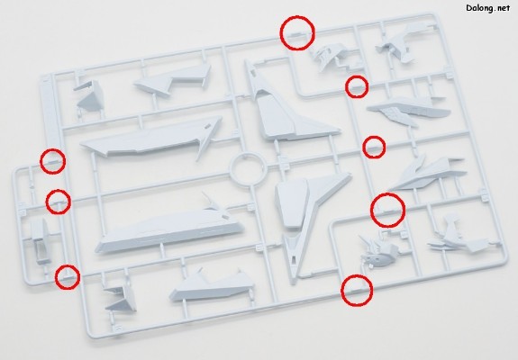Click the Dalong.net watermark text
coord(488,8)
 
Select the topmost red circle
coord(297,32)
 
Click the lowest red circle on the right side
coord(357,291)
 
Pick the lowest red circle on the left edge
coord(68,277)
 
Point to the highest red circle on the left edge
coord(52,161)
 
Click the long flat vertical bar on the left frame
coord(50,112)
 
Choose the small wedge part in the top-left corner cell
coord(89,95)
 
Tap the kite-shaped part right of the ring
coord(307,204)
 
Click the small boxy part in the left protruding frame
coord(41,241)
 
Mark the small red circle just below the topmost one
coord(357,86)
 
